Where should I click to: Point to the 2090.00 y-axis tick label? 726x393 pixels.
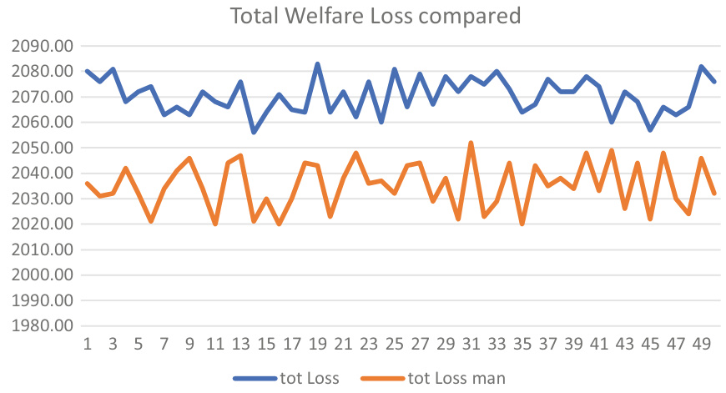(x=40, y=46)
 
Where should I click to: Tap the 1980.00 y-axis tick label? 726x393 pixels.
(x=40, y=326)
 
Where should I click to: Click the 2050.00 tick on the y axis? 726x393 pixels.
(x=40, y=148)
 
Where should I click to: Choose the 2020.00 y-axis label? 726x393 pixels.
(x=40, y=224)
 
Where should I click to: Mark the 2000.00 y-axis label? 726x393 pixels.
(x=40, y=275)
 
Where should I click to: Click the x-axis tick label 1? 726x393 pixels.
(x=88, y=344)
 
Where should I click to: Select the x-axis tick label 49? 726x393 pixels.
(x=702, y=344)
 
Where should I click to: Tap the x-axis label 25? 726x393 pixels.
(x=395, y=344)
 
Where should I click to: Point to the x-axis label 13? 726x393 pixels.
(x=241, y=344)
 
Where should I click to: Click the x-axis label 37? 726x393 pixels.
(x=548, y=344)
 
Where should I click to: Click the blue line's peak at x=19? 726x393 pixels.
(x=318, y=63)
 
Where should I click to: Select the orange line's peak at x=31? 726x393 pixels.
(x=471, y=143)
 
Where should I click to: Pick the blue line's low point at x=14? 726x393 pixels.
(x=254, y=133)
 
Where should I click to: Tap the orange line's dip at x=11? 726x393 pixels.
(x=215, y=224)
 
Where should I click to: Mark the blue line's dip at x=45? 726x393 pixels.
(x=651, y=130)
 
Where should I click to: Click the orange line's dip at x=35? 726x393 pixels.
(x=522, y=224)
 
